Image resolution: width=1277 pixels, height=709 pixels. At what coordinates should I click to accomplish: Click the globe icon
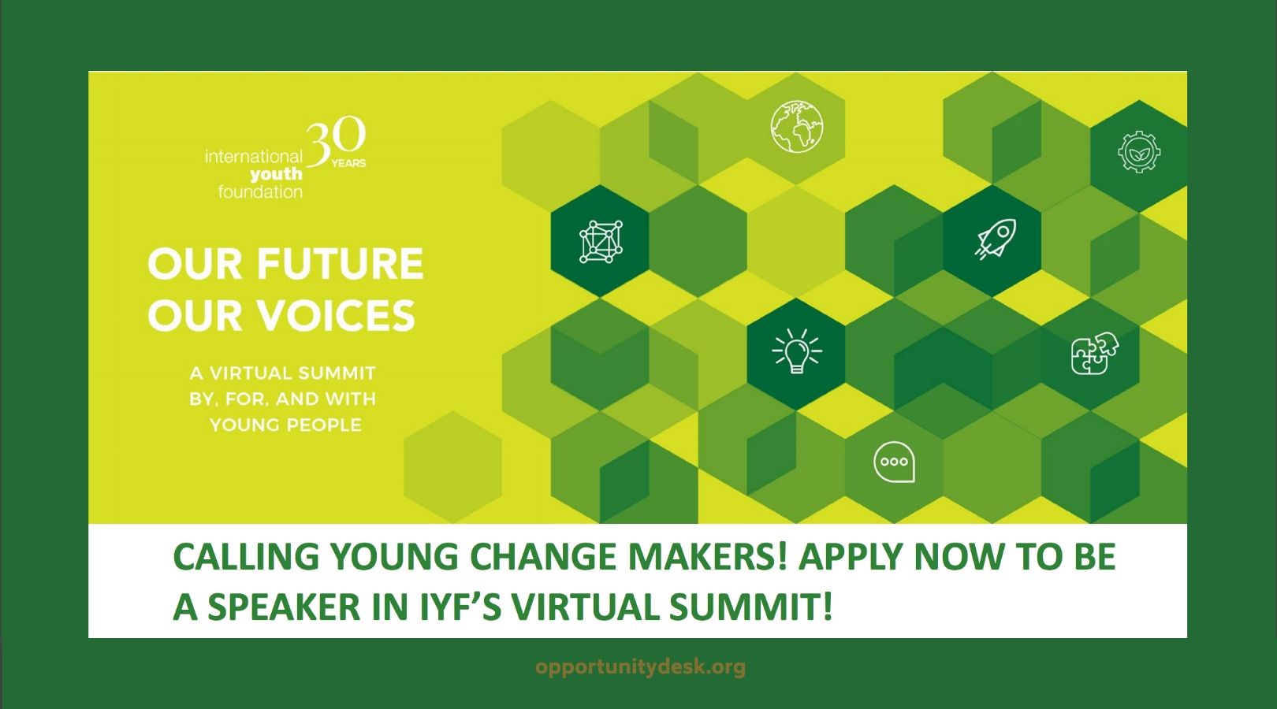[797, 127]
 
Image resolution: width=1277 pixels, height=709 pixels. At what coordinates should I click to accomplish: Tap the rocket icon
[996, 239]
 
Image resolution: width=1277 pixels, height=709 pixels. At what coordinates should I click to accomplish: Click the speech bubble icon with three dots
[895, 462]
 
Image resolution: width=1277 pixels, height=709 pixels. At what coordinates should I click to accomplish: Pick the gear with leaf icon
[1139, 151]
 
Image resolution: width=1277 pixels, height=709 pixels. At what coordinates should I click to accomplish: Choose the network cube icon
[601, 242]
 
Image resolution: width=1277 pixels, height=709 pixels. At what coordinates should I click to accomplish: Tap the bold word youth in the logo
[276, 174]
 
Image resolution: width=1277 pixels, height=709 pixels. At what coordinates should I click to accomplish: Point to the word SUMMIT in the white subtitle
[337, 373]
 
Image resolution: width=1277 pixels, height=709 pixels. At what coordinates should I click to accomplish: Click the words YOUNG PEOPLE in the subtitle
[285, 425]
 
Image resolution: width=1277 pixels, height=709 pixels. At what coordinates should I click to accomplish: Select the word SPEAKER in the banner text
[284, 607]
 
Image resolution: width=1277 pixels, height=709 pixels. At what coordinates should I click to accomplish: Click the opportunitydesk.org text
[640, 667]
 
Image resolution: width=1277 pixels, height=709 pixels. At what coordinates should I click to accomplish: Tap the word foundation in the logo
[260, 192]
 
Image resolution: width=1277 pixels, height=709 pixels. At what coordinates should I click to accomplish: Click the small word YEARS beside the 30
[349, 164]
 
